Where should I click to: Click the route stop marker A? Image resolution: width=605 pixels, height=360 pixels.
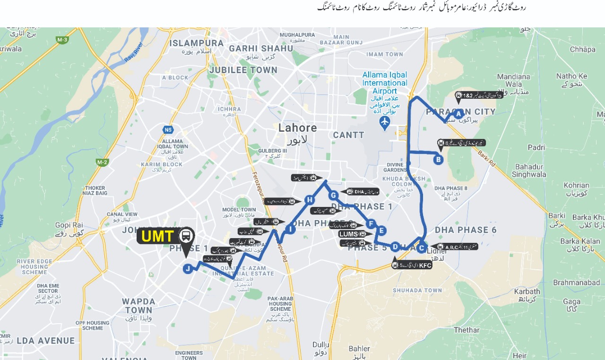[x=458, y=113]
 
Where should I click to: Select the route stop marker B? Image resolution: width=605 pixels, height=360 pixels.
[x=438, y=160]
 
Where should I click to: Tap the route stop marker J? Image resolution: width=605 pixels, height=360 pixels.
[x=188, y=269]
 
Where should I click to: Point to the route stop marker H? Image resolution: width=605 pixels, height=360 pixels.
[x=310, y=200]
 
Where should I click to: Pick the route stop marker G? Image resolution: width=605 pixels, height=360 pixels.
[x=333, y=195]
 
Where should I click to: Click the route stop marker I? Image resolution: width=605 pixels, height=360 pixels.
[x=290, y=230]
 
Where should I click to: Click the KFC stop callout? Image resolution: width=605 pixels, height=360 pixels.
[x=412, y=266]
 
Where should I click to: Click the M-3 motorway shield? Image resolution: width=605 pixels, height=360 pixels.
[x=62, y=40]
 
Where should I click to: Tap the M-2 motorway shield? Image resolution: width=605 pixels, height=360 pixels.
[x=102, y=163]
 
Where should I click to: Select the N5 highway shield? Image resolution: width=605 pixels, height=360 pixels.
[x=168, y=129]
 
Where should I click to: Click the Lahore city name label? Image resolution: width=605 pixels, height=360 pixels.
[x=298, y=128]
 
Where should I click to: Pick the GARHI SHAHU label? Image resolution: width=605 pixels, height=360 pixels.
[x=261, y=48]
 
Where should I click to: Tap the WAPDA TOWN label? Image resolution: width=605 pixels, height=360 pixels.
[x=139, y=306]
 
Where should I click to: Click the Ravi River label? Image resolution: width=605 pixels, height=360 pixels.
[x=134, y=52]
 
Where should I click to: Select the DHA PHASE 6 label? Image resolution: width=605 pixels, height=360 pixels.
[x=466, y=230]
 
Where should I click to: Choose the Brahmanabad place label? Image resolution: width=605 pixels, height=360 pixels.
[x=576, y=283]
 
